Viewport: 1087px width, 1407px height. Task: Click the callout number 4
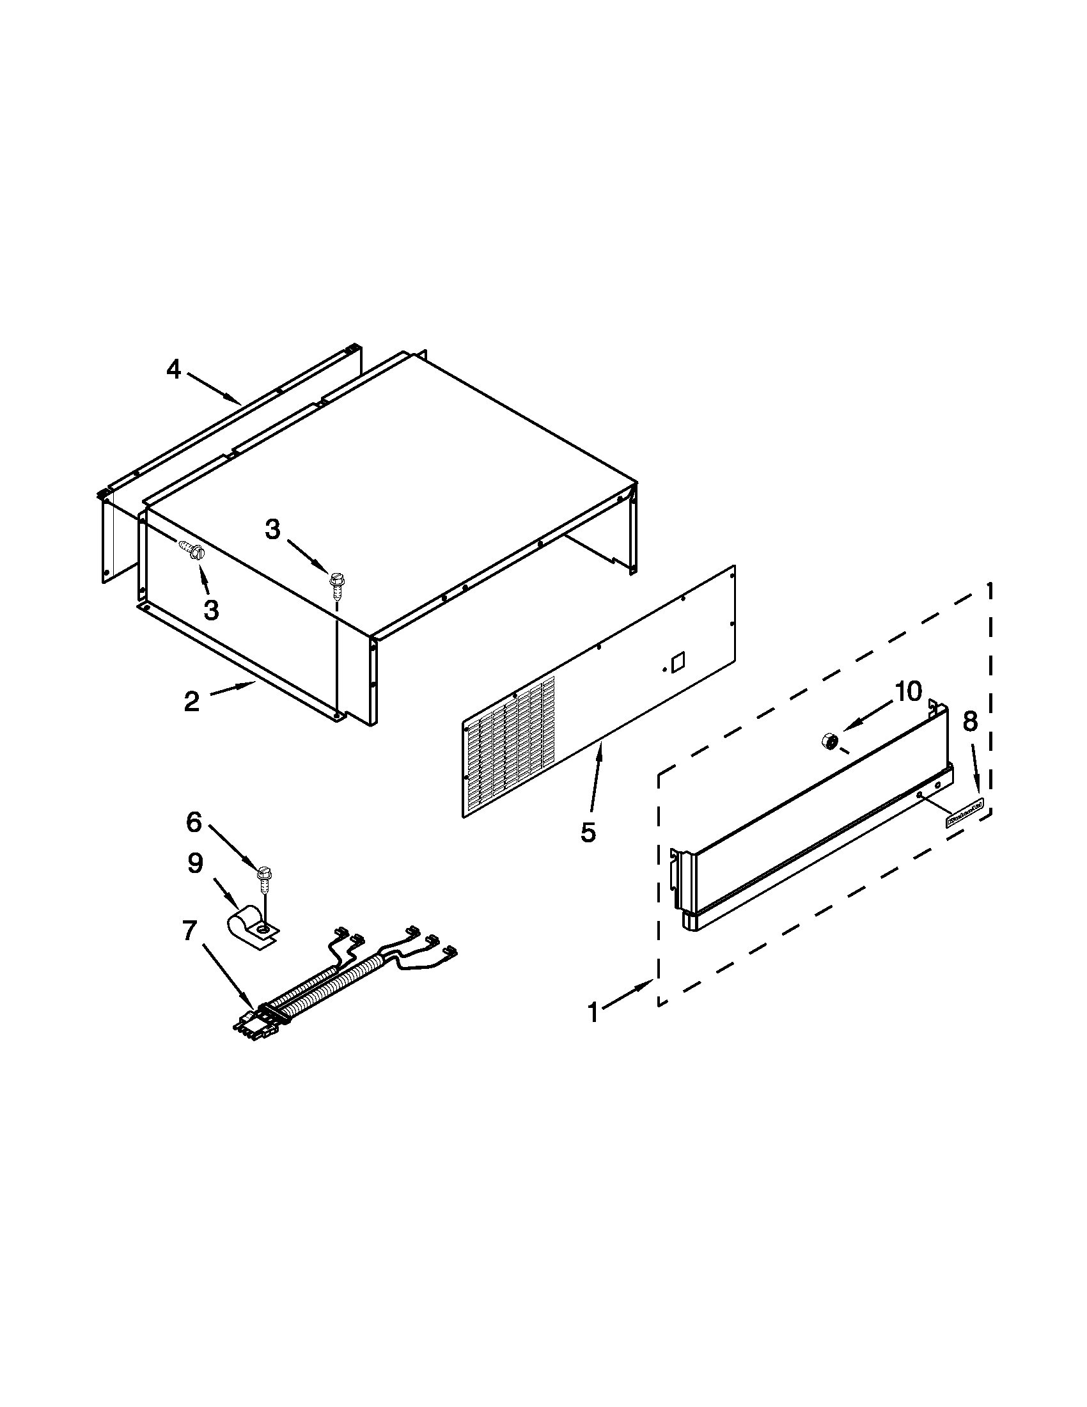click(x=174, y=370)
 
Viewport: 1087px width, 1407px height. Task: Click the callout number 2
click(x=191, y=702)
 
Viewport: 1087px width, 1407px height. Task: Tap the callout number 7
click(x=189, y=931)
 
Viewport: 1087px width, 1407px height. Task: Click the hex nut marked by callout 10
click(x=829, y=741)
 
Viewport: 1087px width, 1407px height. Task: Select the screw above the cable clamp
click(x=263, y=877)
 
